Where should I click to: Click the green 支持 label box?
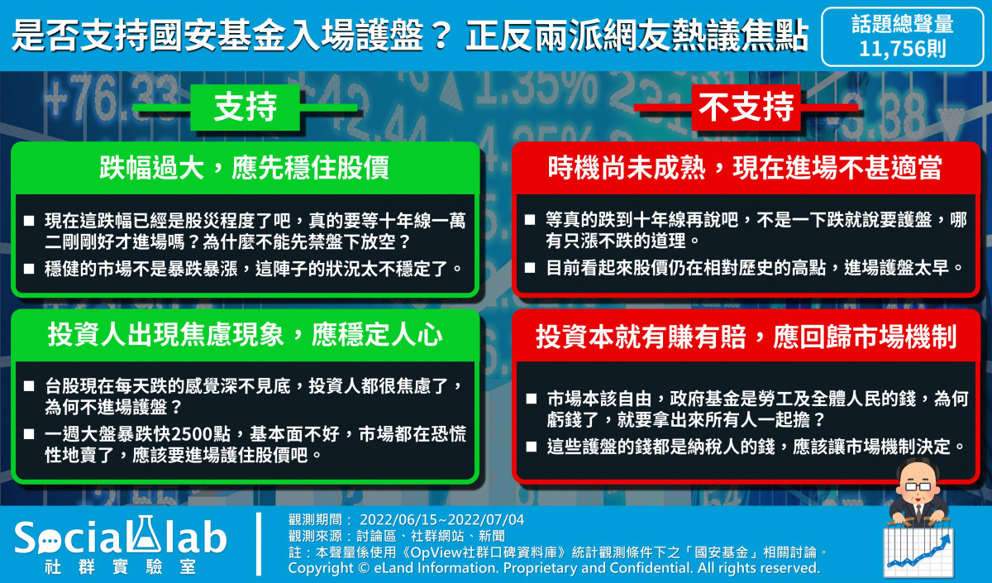[245, 107]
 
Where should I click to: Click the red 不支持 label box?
[746, 107]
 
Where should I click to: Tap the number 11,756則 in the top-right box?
[903, 49]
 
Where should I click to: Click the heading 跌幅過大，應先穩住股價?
[244, 168]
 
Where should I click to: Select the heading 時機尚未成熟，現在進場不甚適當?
[745, 168]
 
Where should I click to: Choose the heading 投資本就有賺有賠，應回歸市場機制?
[746, 337]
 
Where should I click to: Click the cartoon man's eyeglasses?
[918, 486]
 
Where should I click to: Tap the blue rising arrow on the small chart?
[919, 552]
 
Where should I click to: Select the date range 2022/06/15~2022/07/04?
[442, 519]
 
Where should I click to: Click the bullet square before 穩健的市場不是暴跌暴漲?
[29, 268]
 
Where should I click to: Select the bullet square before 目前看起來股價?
[530, 268]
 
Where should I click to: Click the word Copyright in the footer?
[322, 568]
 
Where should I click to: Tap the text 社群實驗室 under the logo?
[121, 567]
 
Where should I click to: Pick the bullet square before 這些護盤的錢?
[531, 446]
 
